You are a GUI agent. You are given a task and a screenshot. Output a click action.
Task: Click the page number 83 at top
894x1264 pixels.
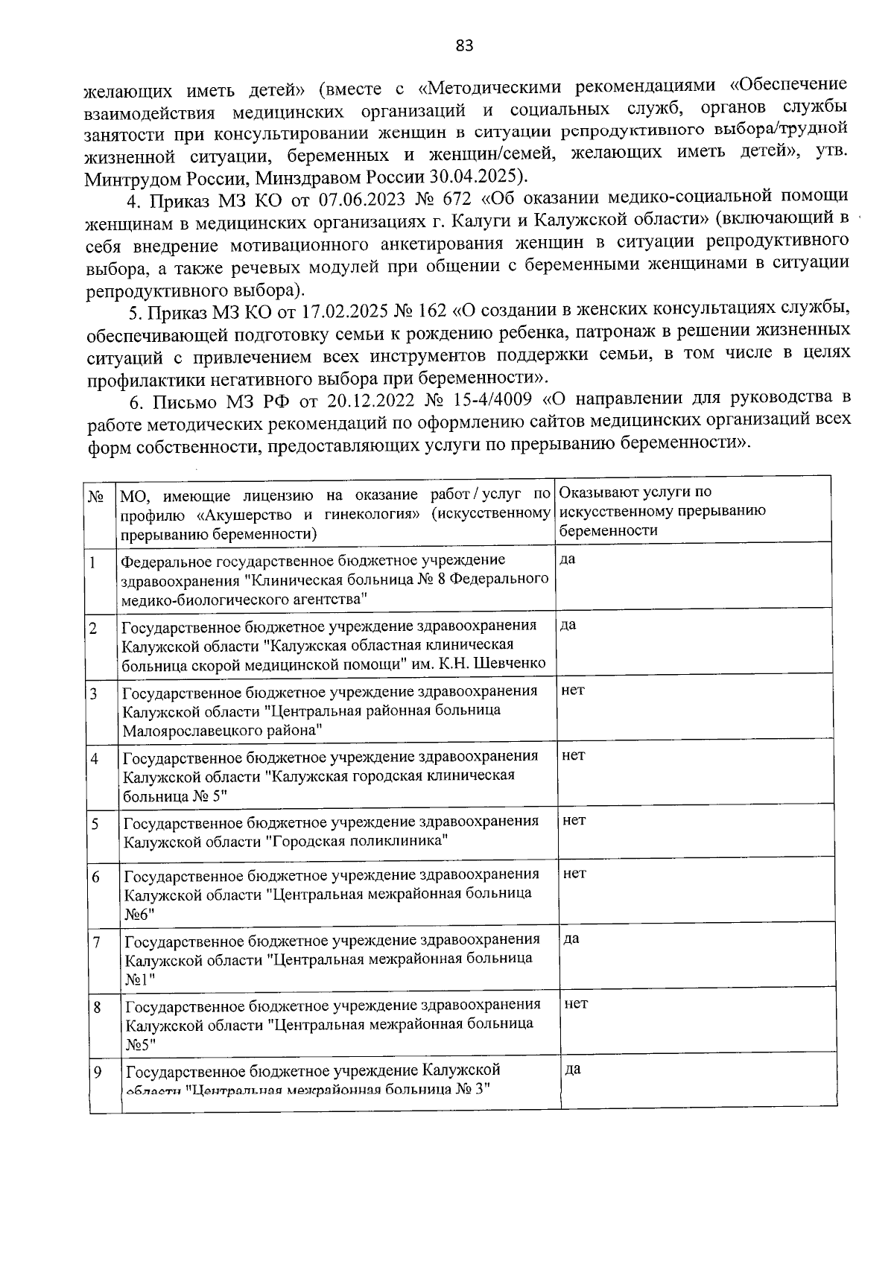click(463, 46)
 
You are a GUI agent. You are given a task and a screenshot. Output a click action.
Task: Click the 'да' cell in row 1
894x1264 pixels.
click(567, 559)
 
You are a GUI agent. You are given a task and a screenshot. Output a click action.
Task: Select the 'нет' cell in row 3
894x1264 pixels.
click(572, 690)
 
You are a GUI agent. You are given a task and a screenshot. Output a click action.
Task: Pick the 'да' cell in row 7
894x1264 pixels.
click(571, 939)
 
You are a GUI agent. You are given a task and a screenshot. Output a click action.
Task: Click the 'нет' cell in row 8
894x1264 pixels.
click(575, 1003)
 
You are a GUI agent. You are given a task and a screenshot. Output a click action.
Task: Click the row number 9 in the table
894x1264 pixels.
click(97, 1072)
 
